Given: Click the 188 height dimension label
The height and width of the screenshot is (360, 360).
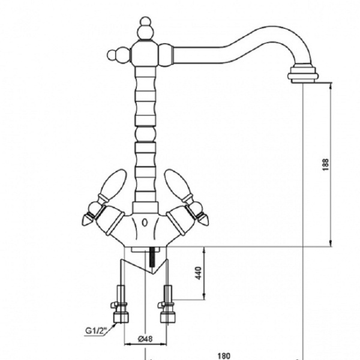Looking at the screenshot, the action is [x=326, y=164].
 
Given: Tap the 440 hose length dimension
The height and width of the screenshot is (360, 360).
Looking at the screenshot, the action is [x=199, y=273].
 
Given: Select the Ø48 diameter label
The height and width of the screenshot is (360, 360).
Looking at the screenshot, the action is [x=145, y=338].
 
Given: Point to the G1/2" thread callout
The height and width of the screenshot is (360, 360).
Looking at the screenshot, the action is [x=96, y=331].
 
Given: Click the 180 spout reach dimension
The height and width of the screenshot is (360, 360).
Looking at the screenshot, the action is [x=224, y=356].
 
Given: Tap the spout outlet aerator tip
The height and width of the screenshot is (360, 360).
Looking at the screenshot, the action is [x=303, y=75].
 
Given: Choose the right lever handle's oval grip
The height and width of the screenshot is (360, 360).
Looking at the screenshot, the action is [x=177, y=182].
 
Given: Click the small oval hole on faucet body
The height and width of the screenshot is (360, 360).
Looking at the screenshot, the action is [x=145, y=223].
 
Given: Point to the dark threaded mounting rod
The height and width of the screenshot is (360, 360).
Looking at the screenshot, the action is [x=152, y=257].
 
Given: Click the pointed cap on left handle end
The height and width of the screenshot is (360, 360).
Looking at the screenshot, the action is [x=87, y=219].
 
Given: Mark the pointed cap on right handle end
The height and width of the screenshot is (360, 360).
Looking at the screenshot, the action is [x=203, y=219].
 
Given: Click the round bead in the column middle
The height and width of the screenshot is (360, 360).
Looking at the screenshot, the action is [x=145, y=134].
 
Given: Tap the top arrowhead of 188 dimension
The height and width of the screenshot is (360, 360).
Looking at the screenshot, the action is [x=331, y=86].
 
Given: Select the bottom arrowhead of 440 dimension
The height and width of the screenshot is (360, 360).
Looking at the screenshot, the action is [x=204, y=296].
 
